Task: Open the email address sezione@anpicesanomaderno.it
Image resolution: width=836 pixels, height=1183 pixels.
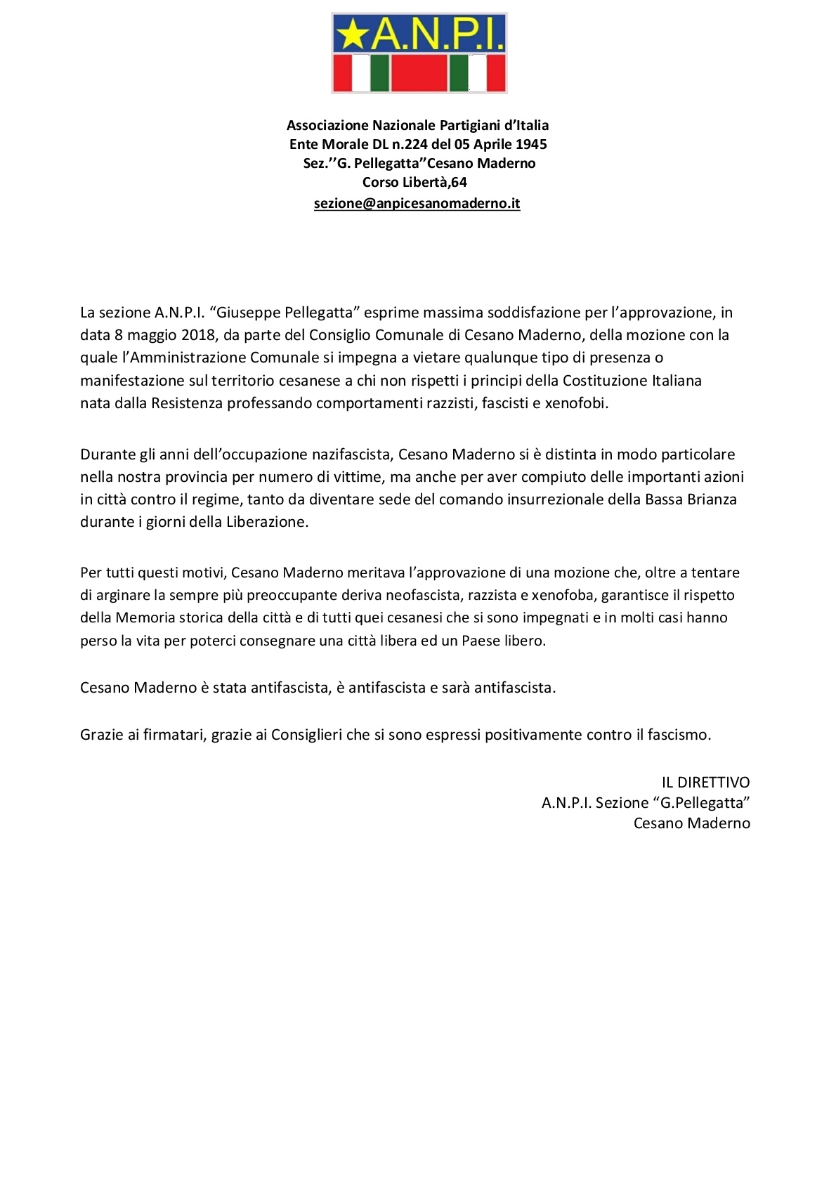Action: (417, 204)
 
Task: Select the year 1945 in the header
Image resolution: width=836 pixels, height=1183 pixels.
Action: (531, 144)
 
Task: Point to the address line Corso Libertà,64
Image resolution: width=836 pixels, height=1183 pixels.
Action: (414, 182)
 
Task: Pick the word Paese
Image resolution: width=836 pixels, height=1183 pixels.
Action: (481, 641)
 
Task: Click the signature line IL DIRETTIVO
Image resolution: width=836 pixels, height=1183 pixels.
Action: (705, 783)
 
